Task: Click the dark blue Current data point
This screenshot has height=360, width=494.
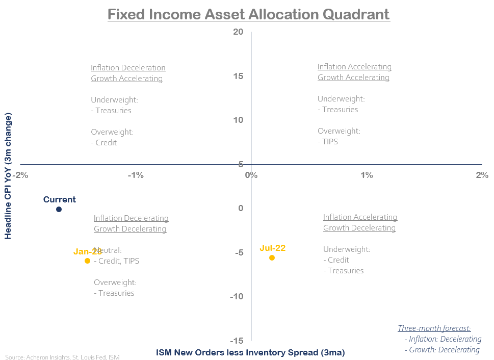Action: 59,209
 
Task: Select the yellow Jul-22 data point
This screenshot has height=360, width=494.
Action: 272,258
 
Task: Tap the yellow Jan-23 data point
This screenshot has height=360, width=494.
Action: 87,261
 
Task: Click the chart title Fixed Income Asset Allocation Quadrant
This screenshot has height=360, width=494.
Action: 248,14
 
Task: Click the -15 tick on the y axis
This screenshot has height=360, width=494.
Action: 237,341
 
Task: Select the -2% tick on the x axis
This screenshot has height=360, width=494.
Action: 21,175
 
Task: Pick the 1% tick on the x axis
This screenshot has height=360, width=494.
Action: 367,175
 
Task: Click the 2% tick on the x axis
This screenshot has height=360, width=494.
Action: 482,175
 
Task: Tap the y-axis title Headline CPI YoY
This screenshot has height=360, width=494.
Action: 8,176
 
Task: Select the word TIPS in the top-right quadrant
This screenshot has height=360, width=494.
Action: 330,141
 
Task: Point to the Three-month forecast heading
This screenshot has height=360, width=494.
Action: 434,328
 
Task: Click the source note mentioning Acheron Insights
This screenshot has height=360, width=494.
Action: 62,357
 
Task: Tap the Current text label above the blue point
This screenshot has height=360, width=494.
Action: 59,199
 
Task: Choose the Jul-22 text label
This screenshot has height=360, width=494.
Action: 272,248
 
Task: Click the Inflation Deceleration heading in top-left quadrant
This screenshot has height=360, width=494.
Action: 128,67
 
